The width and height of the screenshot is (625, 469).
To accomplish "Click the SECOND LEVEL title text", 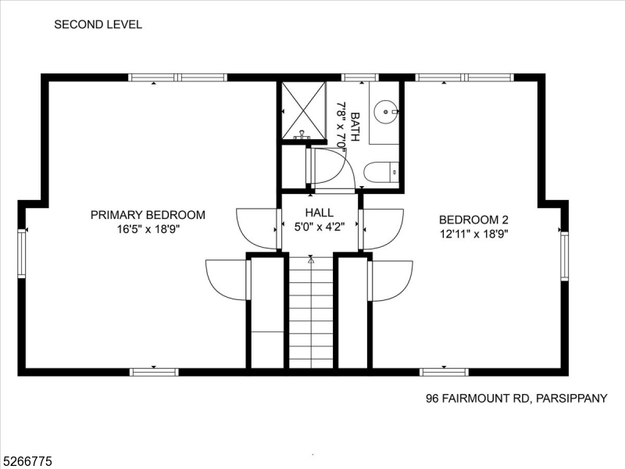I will point(98,24).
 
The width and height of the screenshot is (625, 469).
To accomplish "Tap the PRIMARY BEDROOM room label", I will point(148,215).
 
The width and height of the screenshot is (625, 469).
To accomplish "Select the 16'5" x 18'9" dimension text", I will point(148,230).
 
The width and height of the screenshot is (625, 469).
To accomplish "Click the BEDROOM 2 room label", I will point(473,220).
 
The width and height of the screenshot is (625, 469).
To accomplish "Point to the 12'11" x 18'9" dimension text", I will point(473,234).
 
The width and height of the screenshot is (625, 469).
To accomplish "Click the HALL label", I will point(319,213).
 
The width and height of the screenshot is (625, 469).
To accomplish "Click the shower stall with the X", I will point(303,111).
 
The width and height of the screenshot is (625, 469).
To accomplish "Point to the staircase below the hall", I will point(311,313).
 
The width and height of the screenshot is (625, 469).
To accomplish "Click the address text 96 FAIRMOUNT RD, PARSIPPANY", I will point(516,398).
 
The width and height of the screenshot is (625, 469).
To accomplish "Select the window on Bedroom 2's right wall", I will point(564,256).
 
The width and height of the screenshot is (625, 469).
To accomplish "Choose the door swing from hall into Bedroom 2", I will point(382,229).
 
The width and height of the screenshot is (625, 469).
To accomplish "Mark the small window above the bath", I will point(359,77).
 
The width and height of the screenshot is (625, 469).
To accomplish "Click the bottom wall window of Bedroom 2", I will point(444,372).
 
